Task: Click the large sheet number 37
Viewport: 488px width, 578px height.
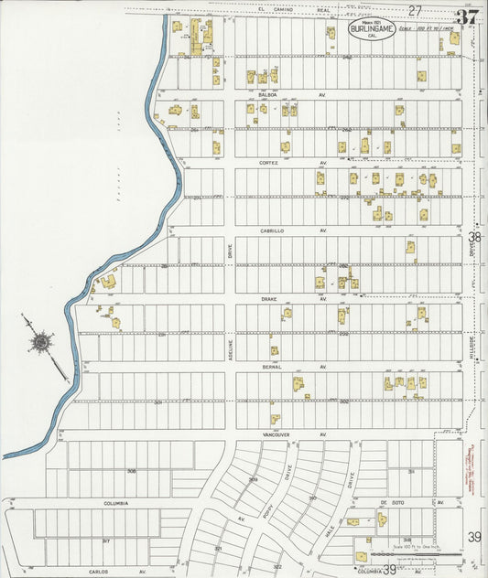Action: pos(466,16)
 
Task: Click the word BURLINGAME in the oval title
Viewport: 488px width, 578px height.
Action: pos(371,29)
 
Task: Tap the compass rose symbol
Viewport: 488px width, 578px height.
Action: pos(41,343)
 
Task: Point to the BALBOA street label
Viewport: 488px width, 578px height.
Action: pos(267,94)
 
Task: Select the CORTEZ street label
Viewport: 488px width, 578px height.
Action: pos(268,162)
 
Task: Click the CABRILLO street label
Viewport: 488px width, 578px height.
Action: pos(272,231)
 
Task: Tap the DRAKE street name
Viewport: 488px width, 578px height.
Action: pos(268,298)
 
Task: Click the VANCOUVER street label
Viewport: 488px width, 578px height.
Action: pos(276,433)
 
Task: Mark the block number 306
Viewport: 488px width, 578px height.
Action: pos(132,471)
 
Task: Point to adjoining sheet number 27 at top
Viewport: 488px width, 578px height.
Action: pos(415,10)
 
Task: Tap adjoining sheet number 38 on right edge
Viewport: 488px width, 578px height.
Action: pos(474,236)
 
